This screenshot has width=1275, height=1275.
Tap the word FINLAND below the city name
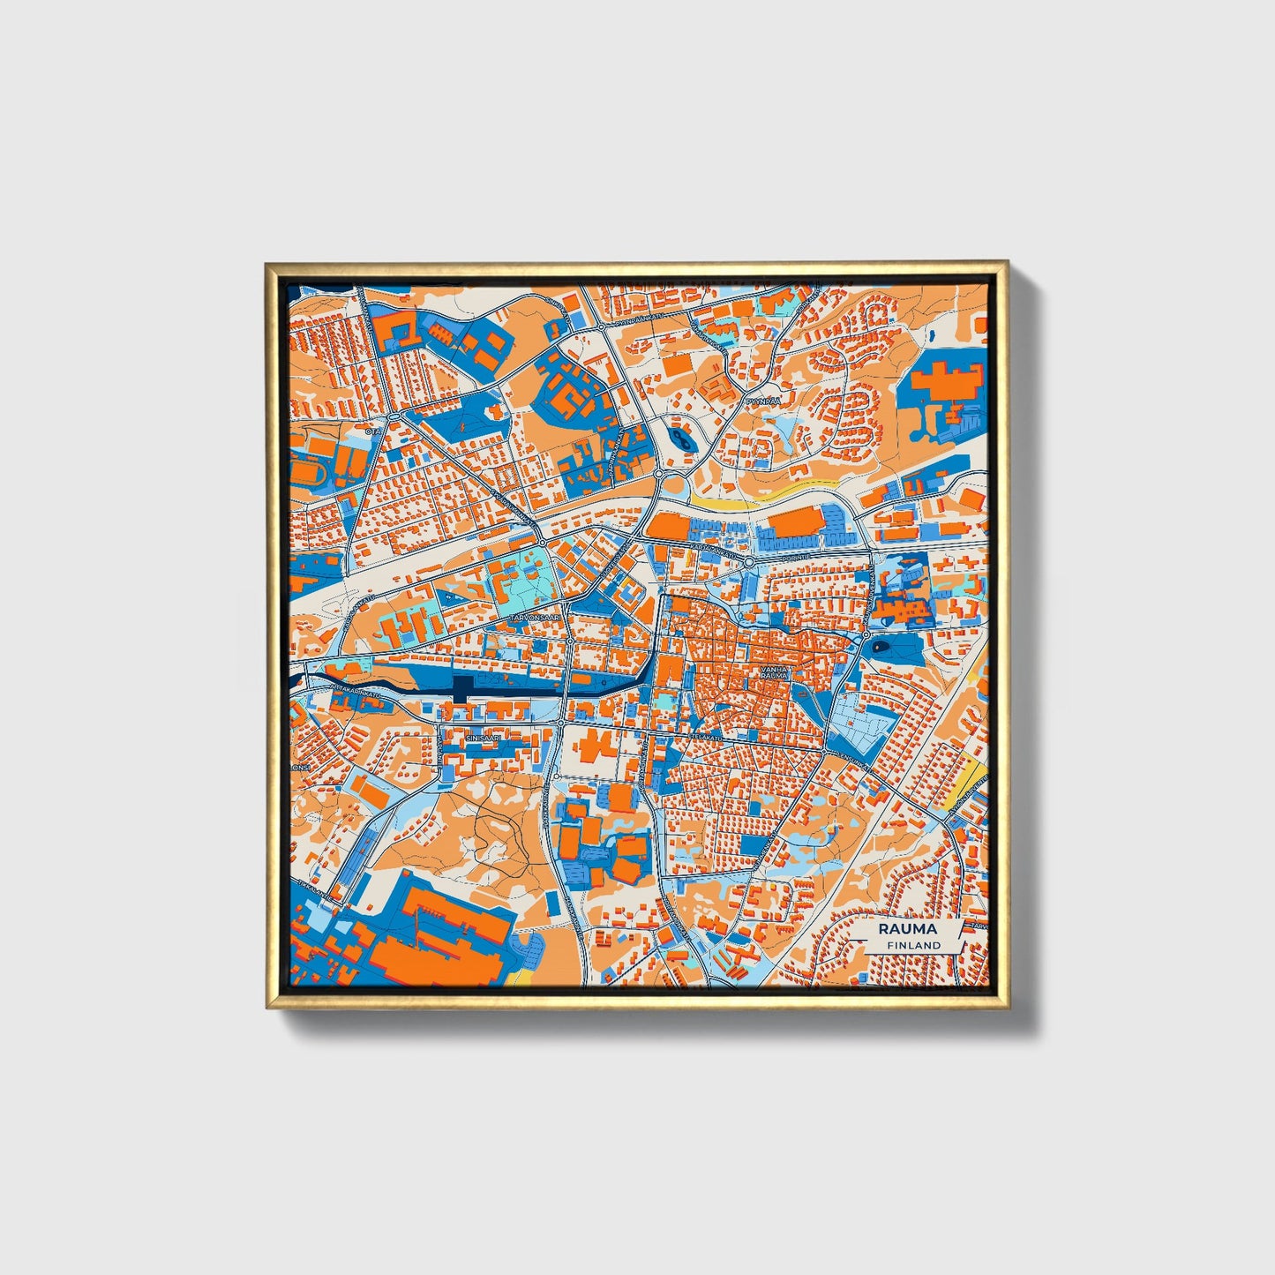(x=914, y=945)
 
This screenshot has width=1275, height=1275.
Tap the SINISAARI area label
(x=484, y=734)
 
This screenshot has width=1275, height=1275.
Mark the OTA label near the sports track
(x=371, y=432)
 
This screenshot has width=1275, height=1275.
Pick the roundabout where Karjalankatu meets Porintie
(x=748, y=561)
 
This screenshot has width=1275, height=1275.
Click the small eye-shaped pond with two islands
(x=679, y=436)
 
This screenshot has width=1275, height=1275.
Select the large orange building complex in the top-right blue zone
(x=946, y=381)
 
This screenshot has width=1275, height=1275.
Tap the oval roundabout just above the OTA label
(x=391, y=415)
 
